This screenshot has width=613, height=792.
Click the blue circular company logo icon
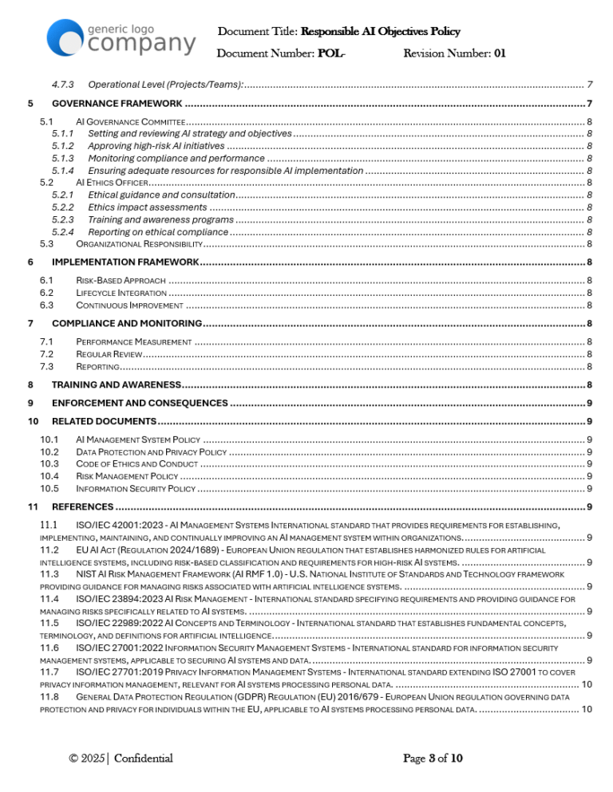coord(65,36)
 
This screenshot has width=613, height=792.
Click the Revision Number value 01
coord(499,54)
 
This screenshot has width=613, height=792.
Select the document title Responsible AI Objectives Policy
coord(380,32)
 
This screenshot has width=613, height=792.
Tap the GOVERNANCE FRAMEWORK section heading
coord(117,104)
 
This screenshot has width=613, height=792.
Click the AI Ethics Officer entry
coord(111,183)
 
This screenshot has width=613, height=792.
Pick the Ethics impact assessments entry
coord(147,207)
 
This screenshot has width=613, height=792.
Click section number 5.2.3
coord(62,219)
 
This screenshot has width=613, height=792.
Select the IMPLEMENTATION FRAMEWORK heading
coord(125,262)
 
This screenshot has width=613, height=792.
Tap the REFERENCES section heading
coord(82,506)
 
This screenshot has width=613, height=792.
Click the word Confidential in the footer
coord(143,758)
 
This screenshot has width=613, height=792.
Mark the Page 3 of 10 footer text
coord(433,758)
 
